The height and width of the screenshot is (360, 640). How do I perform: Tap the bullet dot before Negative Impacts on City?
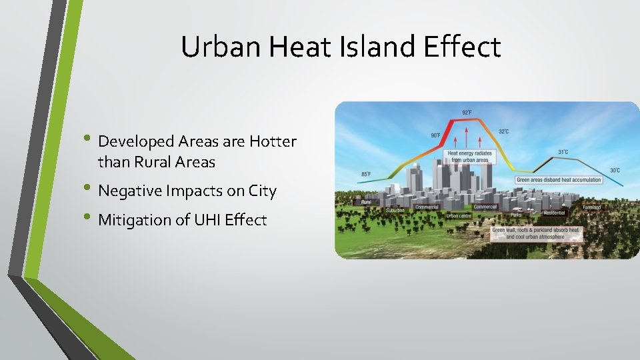[x=91, y=189]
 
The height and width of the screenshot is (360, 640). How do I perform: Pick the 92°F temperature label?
[x=467, y=112]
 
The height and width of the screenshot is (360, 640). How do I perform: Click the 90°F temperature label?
[x=435, y=135]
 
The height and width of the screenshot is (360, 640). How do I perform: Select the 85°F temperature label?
[x=366, y=175]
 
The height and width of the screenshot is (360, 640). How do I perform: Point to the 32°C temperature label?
[x=503, y=132]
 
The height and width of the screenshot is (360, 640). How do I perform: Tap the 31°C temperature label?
[x=563, y=152]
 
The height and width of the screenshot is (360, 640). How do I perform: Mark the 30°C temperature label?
[x=615, y=170]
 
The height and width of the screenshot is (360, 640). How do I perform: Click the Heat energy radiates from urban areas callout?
[x=469, y=157]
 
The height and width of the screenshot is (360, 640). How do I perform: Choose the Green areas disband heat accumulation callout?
[x=559, y=180]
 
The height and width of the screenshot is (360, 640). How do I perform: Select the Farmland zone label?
[x=591, y=207]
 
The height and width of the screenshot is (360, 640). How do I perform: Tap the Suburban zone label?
[x=395, y=210]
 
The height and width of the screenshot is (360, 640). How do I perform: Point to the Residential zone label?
[x=554, y=213]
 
